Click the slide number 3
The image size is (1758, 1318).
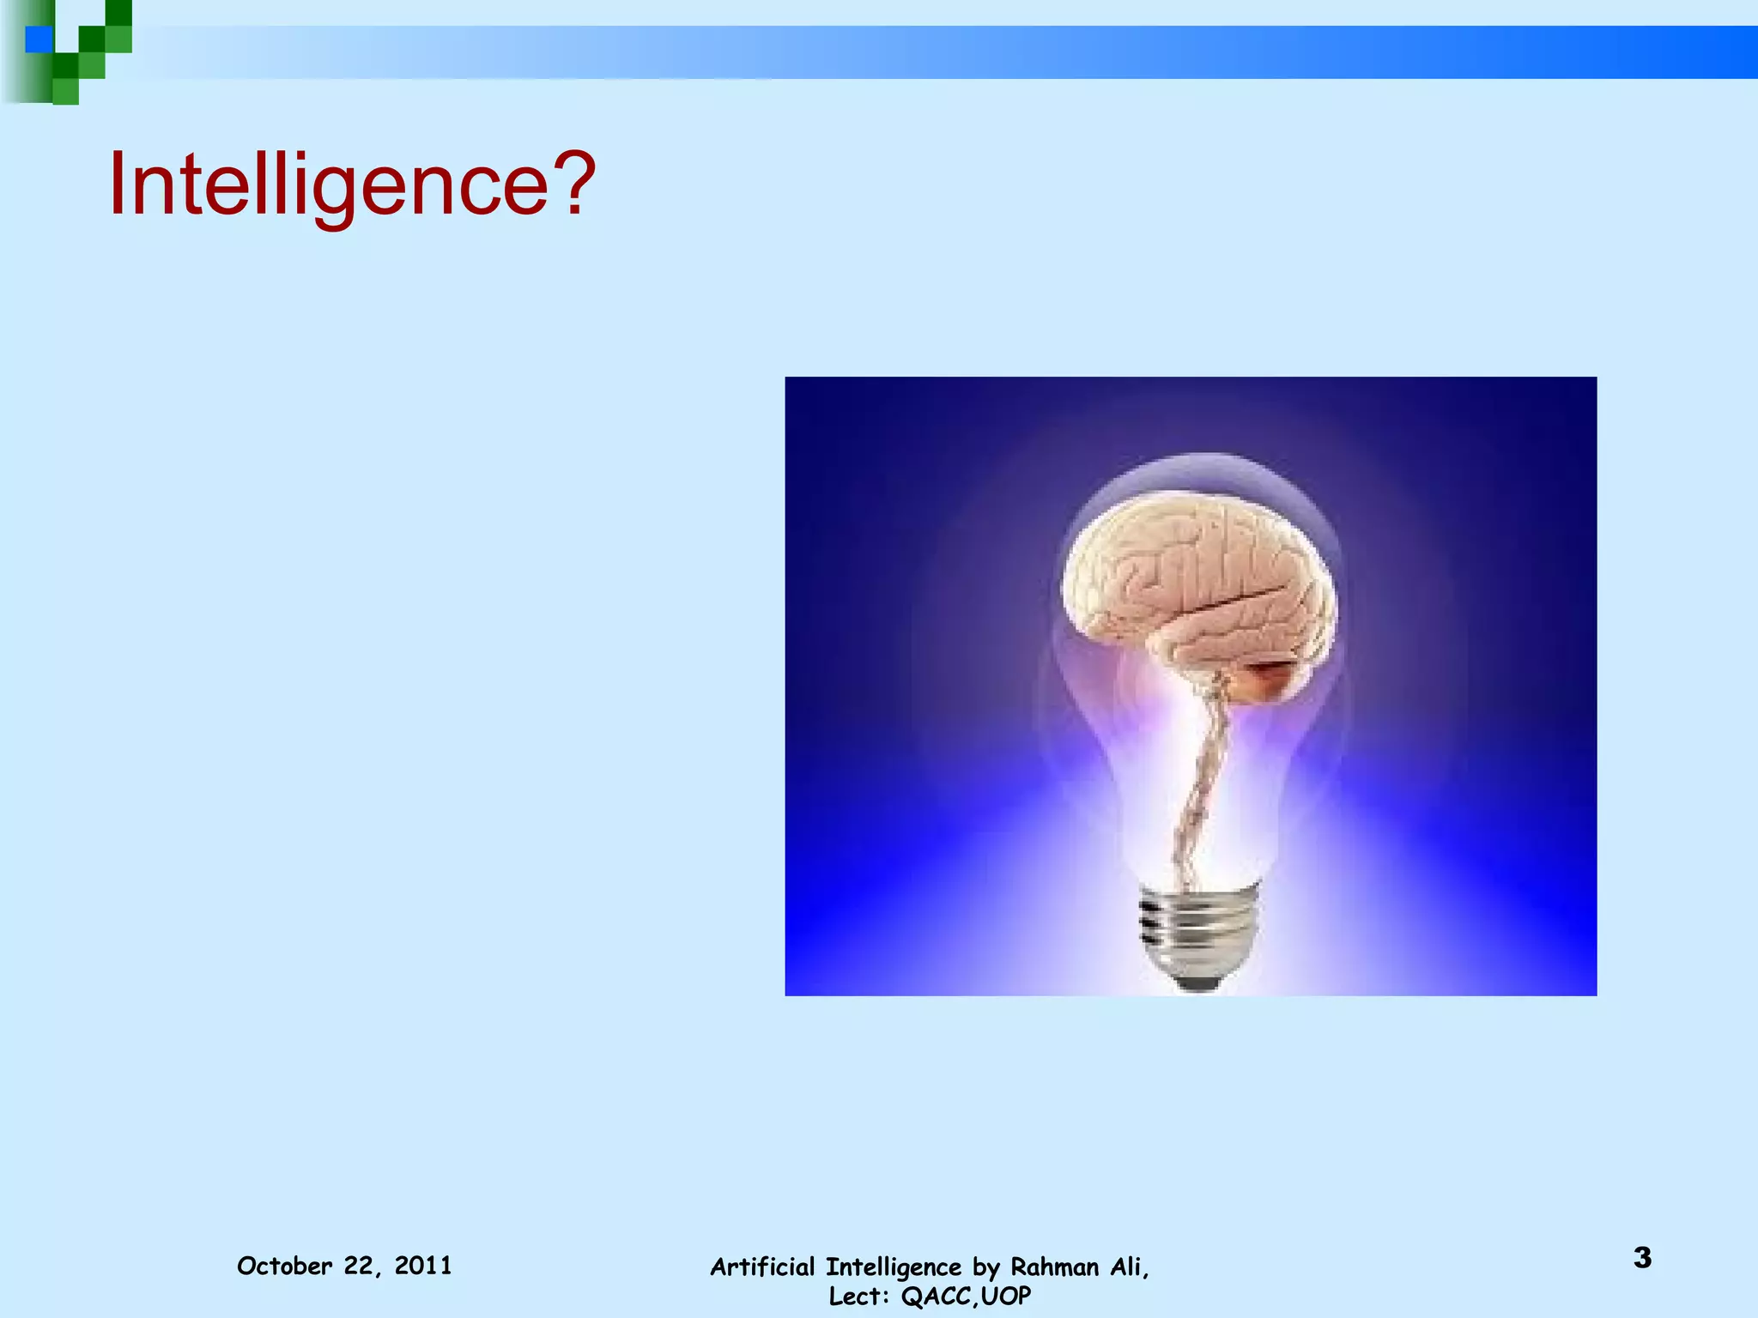(1642, 1258)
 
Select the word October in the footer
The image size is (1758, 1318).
(284, 1266)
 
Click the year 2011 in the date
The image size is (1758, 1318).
(423, 1266)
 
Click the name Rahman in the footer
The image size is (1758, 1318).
(1053, 1267)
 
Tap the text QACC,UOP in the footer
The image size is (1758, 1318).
(966, 1296)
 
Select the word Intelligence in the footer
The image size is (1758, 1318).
(893, 1267)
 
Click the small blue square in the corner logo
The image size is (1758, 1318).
(39, 39)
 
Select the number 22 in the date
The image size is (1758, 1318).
(359, 1266)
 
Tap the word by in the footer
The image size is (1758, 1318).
(986, 1267)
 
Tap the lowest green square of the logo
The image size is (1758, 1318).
(65, 91)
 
